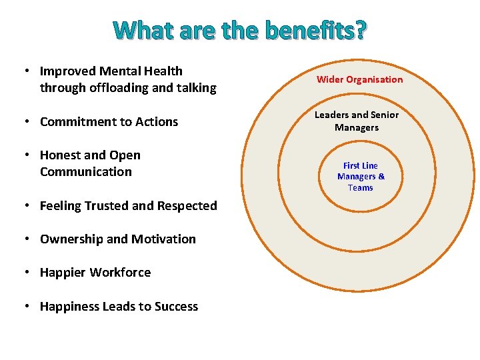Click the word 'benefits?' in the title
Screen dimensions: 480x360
point(315,30)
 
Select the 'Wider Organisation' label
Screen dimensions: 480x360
point(359,79)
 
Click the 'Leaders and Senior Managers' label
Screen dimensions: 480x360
point(357,121)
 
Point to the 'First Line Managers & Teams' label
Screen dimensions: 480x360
point(361,176)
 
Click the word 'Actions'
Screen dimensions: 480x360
point(156,121)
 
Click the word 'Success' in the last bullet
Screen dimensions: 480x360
point(176,306)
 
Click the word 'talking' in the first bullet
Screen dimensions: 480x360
point(196,87)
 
